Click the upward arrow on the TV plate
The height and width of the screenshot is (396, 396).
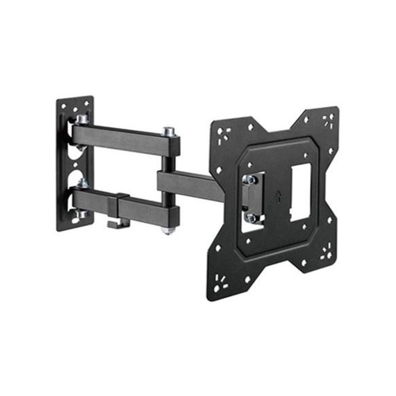(x=280, y=195)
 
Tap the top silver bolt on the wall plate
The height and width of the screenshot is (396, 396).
(x=82, y=118)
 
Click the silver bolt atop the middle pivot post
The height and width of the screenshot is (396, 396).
(x=169, y=132)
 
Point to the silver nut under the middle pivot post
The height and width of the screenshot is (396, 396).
(x=168, y=230)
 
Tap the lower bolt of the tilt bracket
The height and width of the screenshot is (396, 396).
(x=250, y=216)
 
